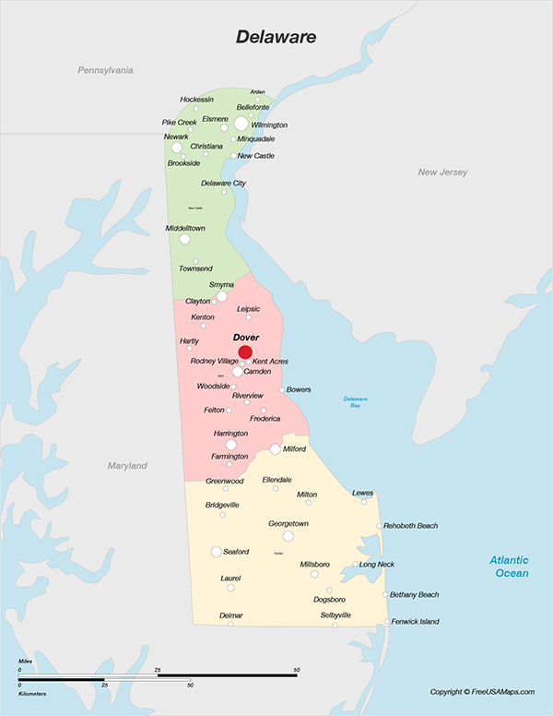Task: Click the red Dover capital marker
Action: (245, 352)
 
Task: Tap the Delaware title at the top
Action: (276, 37)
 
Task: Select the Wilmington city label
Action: (269, 125)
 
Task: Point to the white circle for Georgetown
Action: (288, 536)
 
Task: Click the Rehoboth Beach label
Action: (410, 526)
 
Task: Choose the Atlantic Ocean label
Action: (509, 567)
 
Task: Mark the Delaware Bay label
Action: (356, 401)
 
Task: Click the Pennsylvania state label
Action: (105, 70)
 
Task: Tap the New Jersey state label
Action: (442, 173)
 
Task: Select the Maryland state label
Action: (126, 466)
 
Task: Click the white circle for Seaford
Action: (217, 552)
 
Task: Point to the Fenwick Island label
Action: (415, 622)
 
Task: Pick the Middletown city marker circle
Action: (184, 239)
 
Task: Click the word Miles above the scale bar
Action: (26, 662)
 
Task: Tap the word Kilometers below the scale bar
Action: (33, 691)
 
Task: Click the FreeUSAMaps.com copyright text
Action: (482, 692)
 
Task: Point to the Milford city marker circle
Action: (275, 449)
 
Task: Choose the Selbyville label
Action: (335, 615)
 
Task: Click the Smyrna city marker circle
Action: (221, 296)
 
